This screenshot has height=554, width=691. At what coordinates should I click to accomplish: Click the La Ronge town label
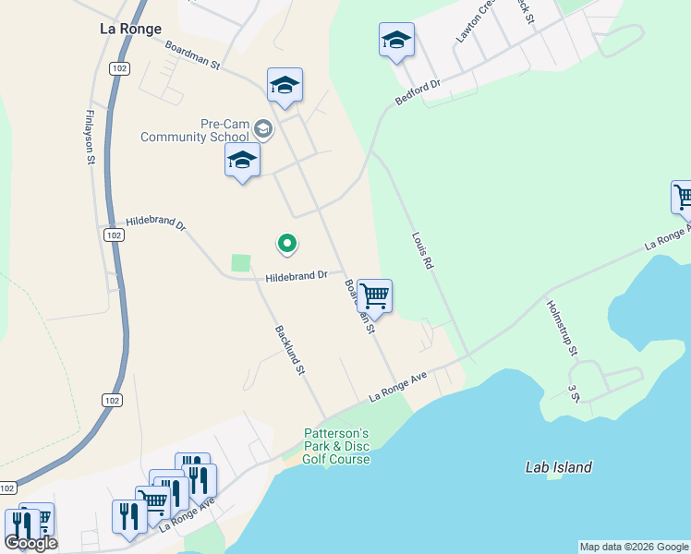coord(130,29)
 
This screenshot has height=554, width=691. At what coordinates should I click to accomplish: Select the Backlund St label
coord(289,350)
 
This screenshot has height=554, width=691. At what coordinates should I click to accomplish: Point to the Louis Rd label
coord(422,250)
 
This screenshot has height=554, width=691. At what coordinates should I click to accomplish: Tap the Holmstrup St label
coord(561,328)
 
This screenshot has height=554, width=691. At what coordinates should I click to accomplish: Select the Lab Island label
coord(558,467)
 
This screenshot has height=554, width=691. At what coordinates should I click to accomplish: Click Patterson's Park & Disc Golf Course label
coord(337,446)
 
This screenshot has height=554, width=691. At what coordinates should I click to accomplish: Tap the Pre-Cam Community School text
coord(195,130)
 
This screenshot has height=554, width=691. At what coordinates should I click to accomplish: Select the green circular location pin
coord(287,244)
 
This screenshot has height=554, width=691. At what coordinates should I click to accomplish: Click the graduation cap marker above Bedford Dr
coord(396,40)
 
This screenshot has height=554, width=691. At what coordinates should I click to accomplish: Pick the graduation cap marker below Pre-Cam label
coord(242,160)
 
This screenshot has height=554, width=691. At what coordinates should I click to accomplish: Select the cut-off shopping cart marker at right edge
coord(682,197)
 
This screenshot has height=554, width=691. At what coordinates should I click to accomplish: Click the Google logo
coord(30,543)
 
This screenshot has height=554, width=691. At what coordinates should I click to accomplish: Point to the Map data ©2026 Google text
coord(634,547)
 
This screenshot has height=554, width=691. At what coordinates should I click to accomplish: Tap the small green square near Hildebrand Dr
coord(241,263)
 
